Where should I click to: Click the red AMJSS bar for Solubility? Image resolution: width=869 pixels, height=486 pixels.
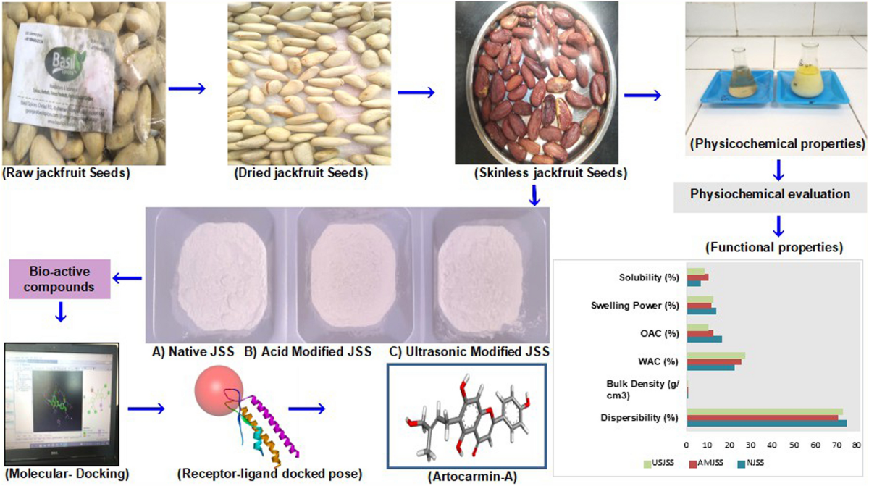coord(697,277)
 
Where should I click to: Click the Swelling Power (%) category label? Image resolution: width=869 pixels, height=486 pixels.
coord(637,305)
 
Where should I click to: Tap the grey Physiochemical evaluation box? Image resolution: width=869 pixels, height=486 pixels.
coord(770,194)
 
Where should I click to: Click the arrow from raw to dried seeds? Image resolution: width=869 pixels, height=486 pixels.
coord(185,90)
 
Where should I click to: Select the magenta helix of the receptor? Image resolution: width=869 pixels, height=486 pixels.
coord(276,420)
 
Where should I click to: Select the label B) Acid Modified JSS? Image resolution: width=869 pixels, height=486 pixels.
coord(308,352)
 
